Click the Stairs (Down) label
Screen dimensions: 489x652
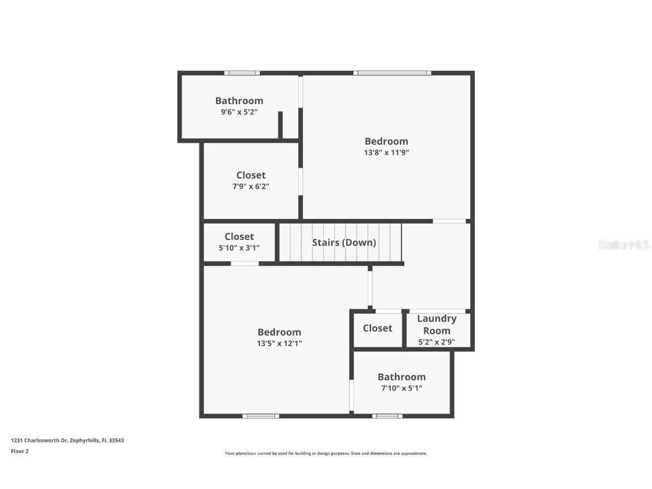click(x=344, y=242)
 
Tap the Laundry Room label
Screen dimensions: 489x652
click(x=436, y=325)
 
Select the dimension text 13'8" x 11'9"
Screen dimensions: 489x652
click(x=386, y=152)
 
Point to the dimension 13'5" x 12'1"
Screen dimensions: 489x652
click(x=279, y=343)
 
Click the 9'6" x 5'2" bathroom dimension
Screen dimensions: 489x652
click(x=239, y=112)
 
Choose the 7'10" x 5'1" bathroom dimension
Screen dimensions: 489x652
click(x=401, y=388)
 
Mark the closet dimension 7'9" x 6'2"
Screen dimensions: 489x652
click(x=250, y=186)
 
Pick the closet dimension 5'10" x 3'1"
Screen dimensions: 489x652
click(x=239, y=247)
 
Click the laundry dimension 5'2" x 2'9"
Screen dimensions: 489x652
click(x=436, y=342)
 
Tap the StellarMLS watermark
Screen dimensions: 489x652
click(x=624, y=244)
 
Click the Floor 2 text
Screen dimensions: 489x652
click(x=20, y=451)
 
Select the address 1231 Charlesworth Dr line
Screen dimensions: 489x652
click(x=67, y=440)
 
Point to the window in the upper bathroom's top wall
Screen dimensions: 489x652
click(x=242, y=73)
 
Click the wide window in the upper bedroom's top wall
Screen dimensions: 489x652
click(x=392, y=73)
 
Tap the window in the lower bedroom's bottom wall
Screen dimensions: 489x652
click(x=260, y=416)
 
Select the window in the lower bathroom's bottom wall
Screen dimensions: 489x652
click(x=387, y=416)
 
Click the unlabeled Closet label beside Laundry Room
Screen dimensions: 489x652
click(x=377, y=328)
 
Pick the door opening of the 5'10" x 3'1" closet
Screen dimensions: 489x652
click(x=244, y=263)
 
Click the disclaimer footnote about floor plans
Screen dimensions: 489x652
click(x=326, y=453)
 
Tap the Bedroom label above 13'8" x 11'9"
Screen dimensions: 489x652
click(x=386, y=141)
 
